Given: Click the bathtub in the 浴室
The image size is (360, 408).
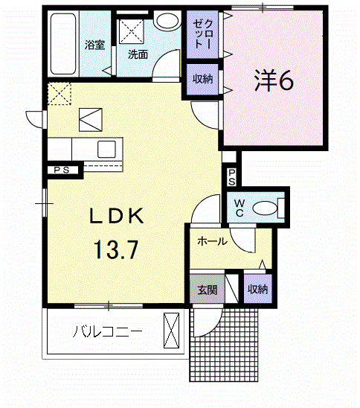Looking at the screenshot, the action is tap(63, 44).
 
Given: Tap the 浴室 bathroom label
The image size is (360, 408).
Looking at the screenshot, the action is tap(95, 45).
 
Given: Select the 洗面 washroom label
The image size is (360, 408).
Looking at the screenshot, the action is tap(138, 54).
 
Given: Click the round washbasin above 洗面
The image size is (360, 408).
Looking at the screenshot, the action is tap(167, 20).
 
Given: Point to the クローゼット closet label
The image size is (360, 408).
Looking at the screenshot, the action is tap(203, 34).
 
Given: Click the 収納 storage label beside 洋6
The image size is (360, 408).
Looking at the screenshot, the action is tap(203, 79).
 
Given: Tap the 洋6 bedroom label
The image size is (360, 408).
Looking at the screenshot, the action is tap(274, 80).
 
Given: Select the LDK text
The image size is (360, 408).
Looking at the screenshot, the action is tap(117, 216).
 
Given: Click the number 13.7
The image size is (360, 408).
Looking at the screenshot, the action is tap(116, 250).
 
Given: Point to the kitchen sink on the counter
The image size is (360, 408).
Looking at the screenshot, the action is tap(106, 150).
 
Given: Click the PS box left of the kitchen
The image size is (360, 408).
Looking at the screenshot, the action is tap(62, 170).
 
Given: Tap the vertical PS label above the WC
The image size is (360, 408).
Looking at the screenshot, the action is tap(232, 177).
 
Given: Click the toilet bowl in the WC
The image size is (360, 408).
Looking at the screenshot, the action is tap(265, 208).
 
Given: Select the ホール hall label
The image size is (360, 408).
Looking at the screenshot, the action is tap(213, 242).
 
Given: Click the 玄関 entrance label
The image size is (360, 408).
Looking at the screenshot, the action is tap(208, 290).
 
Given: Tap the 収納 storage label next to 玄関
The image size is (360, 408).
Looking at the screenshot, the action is tap(257, 289).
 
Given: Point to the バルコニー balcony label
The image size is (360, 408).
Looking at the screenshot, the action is tap(107, 331).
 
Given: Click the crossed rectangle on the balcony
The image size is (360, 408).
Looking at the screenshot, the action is tap(172, 331).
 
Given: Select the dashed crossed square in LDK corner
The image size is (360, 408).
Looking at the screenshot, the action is tap(60, 94).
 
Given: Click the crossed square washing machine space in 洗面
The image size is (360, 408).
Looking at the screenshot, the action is tap(132, 31).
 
